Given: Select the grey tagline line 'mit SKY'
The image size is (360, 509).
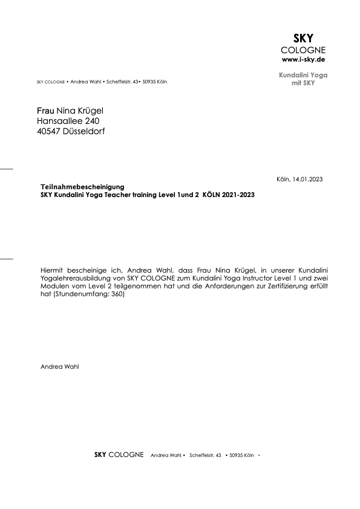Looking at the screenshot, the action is [304, 83].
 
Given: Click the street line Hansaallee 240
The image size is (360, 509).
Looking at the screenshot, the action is [68, 120].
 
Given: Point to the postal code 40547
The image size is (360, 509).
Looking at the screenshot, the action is [48, 131].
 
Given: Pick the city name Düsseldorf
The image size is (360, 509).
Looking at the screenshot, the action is [83, 131].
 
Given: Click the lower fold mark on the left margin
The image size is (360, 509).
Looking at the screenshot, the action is [6, 258].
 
